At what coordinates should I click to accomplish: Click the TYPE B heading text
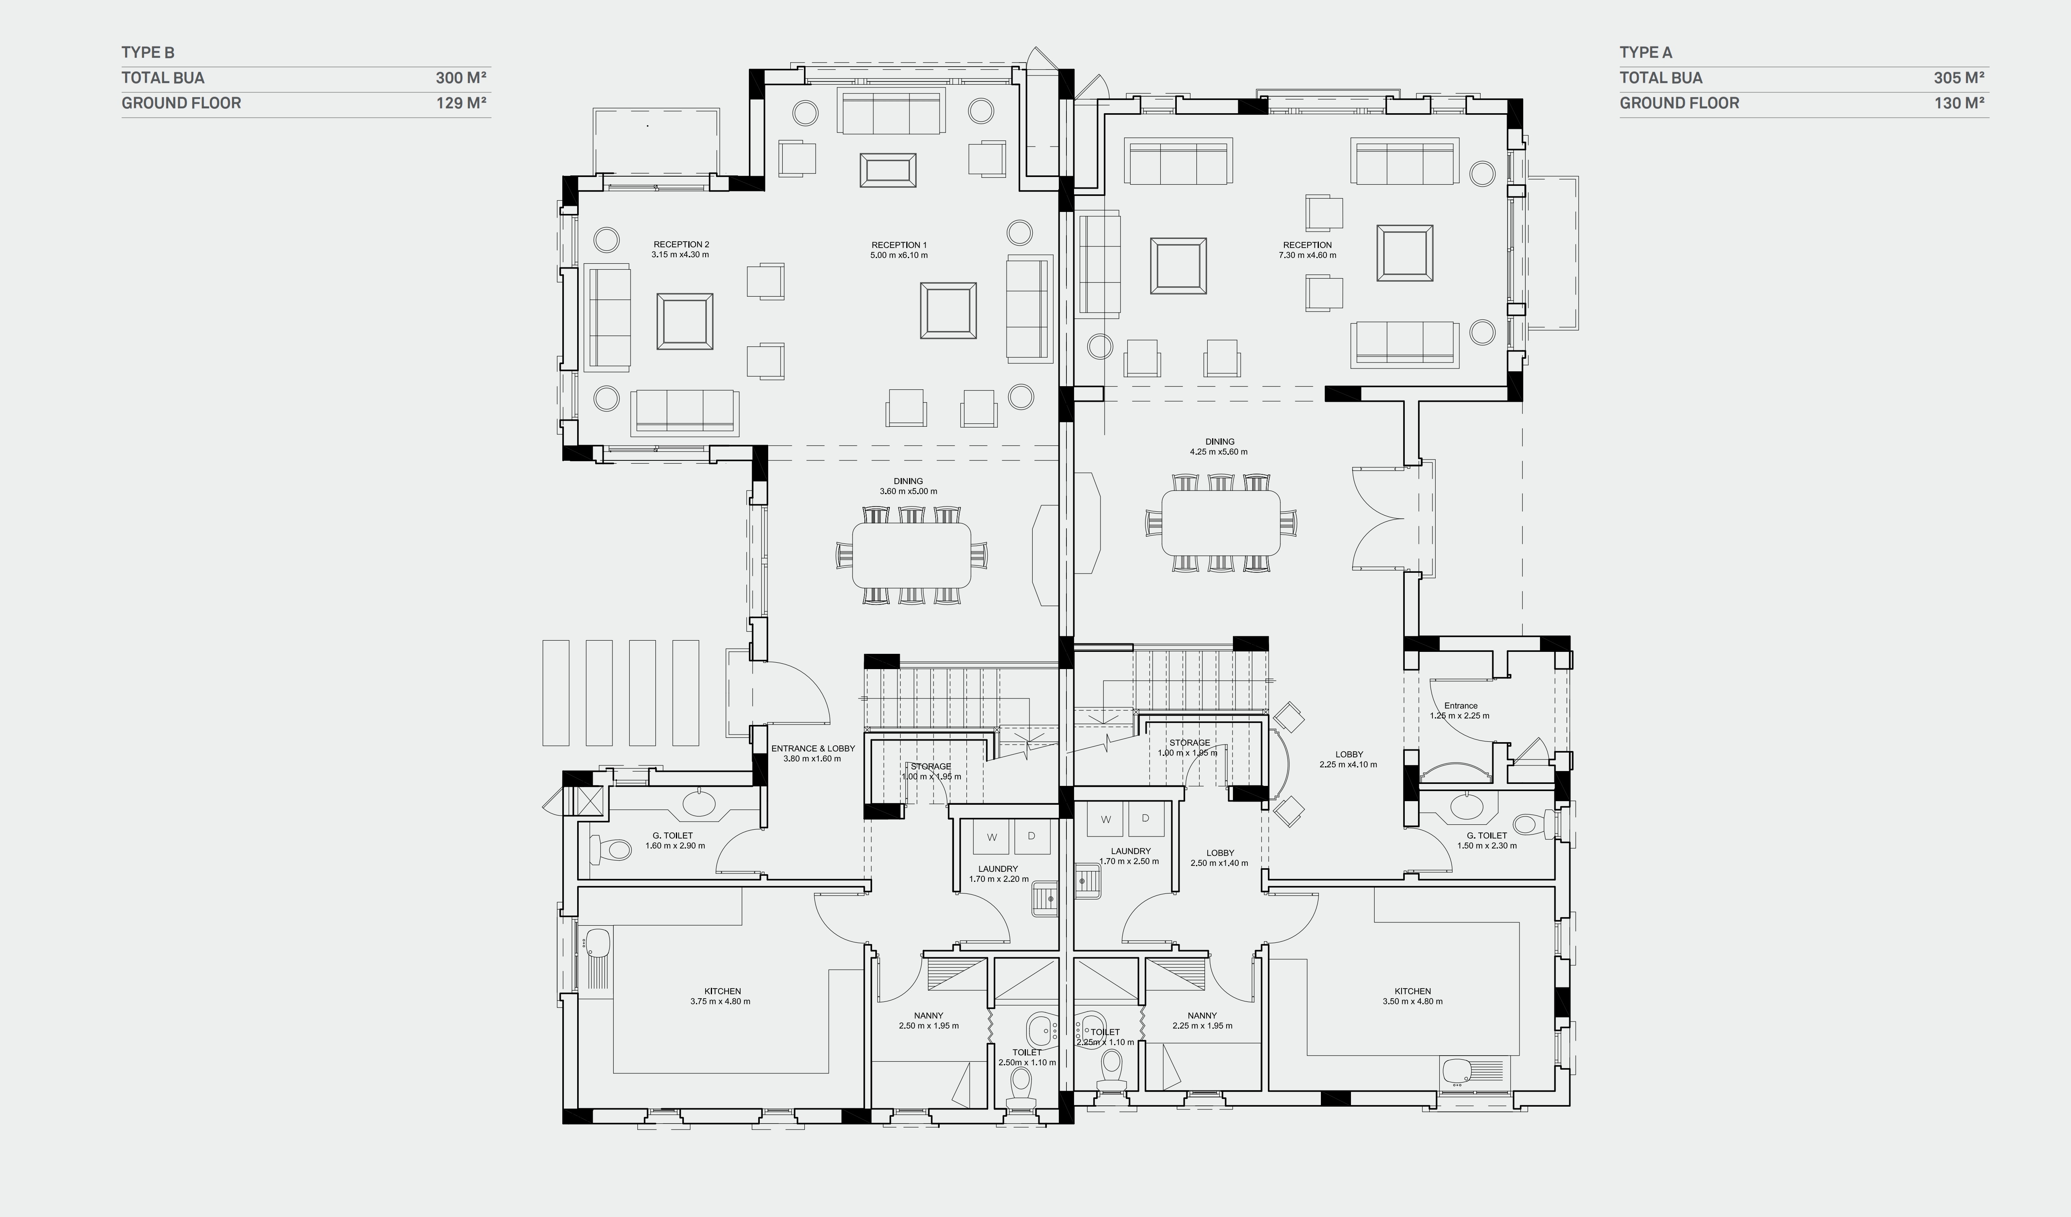148,53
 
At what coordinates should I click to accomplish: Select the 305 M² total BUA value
1959,78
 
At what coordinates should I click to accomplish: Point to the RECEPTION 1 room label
899,245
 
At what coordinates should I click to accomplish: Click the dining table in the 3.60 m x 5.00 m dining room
911,555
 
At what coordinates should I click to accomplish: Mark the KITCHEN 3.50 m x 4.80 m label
1412,996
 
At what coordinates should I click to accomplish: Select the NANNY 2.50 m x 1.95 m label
929,1021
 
